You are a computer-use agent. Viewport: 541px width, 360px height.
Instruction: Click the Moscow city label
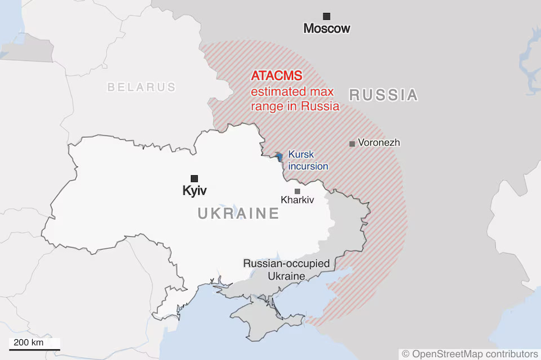pos(326,28)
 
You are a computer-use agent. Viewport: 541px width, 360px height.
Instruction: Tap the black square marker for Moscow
pos(326,16)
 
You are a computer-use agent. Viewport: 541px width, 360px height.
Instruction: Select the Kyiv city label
pos(194,190)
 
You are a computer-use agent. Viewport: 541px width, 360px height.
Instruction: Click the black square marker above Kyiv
pos(194,178)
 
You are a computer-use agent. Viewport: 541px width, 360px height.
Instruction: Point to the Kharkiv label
pos(297,200)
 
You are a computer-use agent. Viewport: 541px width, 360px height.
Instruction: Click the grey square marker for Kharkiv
pos(297,191)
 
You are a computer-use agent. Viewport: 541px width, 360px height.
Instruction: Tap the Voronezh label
pos(379,143)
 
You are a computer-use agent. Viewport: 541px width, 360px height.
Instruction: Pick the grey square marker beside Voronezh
pos(352,144)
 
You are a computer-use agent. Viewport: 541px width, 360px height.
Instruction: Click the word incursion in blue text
pos(308,166)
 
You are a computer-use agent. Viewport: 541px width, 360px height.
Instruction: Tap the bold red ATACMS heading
pos(277,76)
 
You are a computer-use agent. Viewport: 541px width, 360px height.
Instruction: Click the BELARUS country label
pos(141,87)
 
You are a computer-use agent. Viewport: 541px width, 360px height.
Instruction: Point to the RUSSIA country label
pos(383,95)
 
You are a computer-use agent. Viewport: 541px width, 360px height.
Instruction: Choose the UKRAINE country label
pos(238,214)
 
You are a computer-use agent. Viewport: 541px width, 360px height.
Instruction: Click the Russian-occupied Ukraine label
pos(286,270)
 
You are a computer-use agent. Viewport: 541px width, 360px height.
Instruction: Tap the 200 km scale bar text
pos(29,343)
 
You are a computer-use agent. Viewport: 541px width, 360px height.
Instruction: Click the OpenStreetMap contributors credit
pos(469,353)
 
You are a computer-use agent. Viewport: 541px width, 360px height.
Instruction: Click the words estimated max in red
pos(292,91)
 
